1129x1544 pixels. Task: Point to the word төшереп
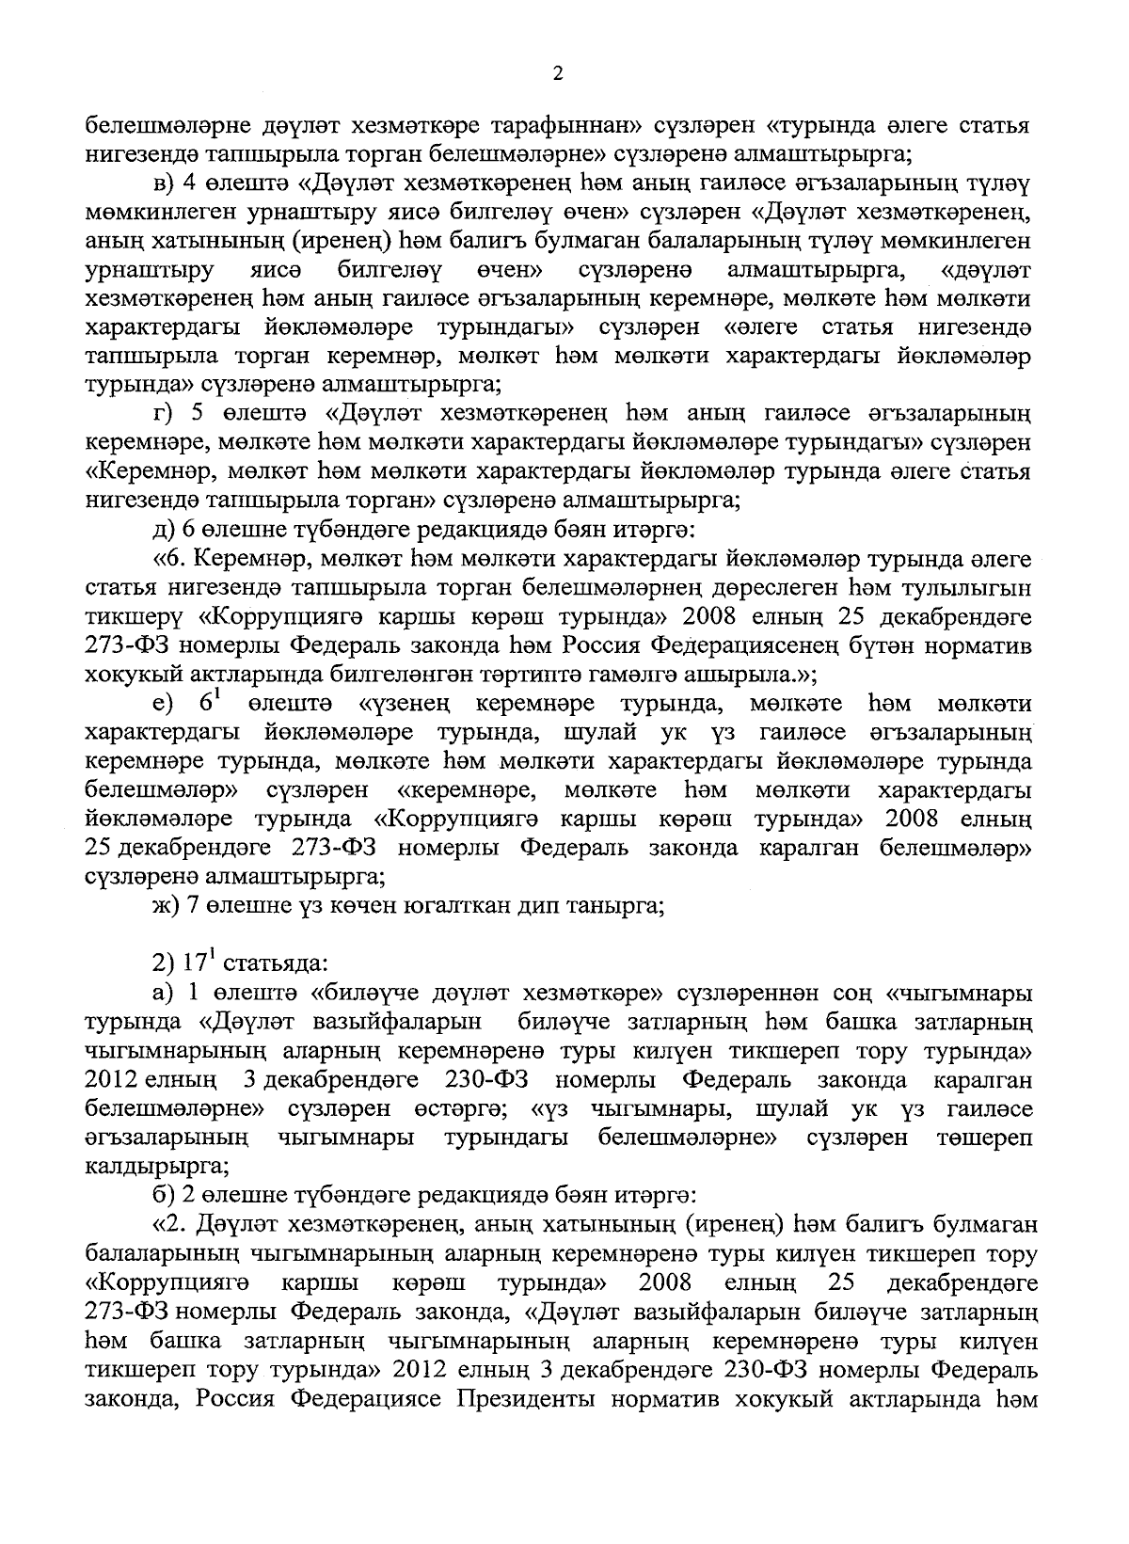pos(984,1137)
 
